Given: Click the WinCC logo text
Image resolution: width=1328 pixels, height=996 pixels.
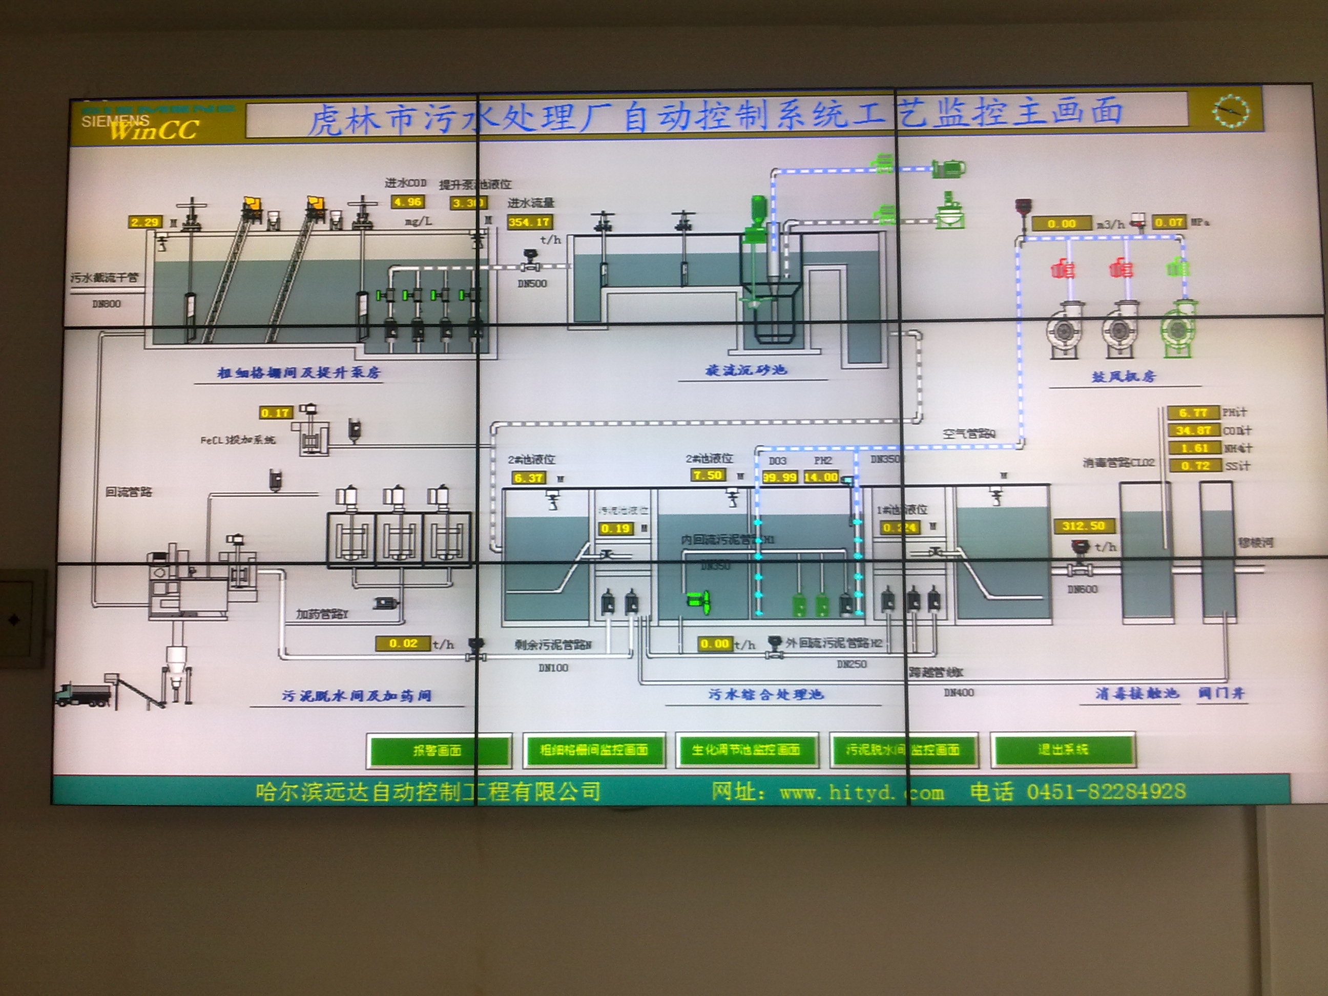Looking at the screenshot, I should click(x=154, y=129).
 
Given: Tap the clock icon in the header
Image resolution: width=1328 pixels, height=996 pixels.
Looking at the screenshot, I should click(x=1230, y=111).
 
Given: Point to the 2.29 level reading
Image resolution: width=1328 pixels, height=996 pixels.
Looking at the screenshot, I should click(x=144, y=222).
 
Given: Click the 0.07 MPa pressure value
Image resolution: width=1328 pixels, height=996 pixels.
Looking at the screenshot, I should click(x=1168, y=223).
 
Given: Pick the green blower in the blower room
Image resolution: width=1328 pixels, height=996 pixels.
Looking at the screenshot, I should click(x=1178, y=329).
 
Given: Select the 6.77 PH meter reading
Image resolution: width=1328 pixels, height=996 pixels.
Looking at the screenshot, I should click(x=1193, y=412).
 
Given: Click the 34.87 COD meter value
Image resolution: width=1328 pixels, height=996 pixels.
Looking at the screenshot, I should click(x=1193, y=430).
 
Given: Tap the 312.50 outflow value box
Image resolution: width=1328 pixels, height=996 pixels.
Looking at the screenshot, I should click(x=1084, y=526).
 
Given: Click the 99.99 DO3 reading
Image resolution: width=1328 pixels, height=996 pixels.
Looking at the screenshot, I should click(x=779, y=478).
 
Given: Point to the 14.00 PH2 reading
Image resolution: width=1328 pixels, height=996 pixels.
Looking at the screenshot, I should click(x=821, y=478).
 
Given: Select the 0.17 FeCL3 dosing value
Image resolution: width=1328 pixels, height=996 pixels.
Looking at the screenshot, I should click(x=276, y=412).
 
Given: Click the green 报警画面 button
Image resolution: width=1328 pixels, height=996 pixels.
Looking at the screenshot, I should click(x=438, y=750).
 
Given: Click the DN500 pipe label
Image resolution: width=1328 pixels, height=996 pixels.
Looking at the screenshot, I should click(x=532, y=283).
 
